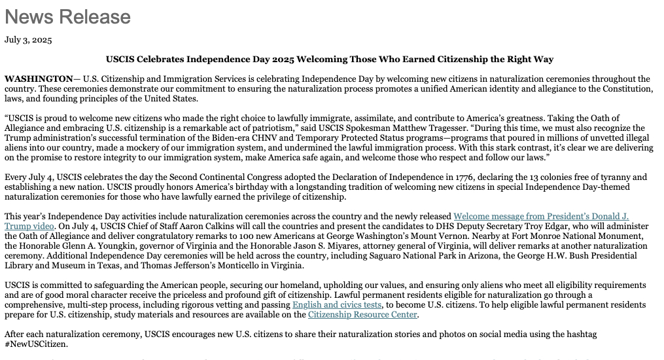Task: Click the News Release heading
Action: (67, 16)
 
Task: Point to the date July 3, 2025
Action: (28, 39)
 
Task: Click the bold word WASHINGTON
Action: (39, 79)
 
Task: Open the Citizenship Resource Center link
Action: (362, 315)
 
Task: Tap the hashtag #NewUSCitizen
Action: (36, 344)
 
